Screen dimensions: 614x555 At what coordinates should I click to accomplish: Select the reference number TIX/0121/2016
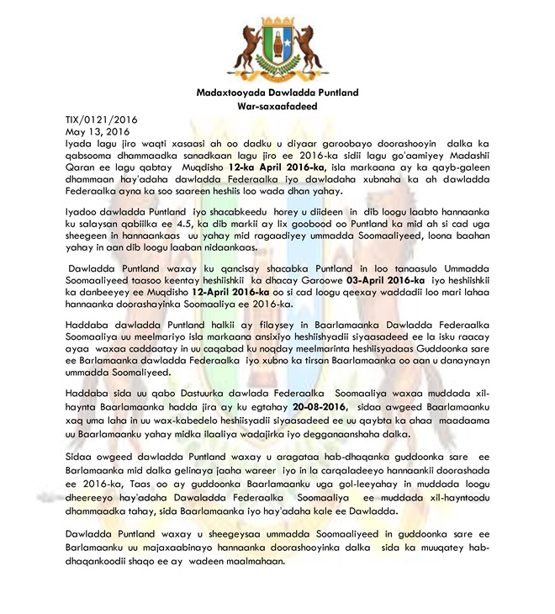[102, 120]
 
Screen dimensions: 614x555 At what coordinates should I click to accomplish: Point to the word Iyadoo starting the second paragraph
[86, 214]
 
